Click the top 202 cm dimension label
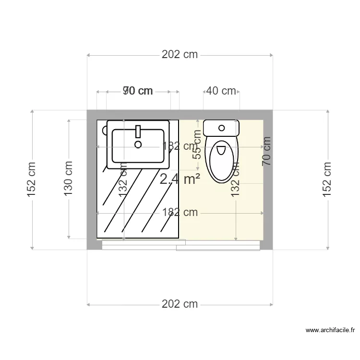[x=180, y=55]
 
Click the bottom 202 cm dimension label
[x=180, y=304]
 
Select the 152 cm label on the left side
[x=32, y=180]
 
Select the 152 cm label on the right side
[x=327, y=180]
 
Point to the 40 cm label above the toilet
[x=221, y=91]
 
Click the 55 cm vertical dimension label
[x=197, y=145]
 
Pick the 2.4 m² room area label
[x=180, y=180]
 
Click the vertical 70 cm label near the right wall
[x=266, y=151]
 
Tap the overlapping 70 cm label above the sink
[x=138, y=91]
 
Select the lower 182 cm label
[x=180, y=212]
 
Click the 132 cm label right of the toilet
[x=236, y=179]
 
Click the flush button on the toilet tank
[x=221, y=128]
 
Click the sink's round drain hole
[x=138, y=144]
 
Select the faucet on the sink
[x=138, y=132]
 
